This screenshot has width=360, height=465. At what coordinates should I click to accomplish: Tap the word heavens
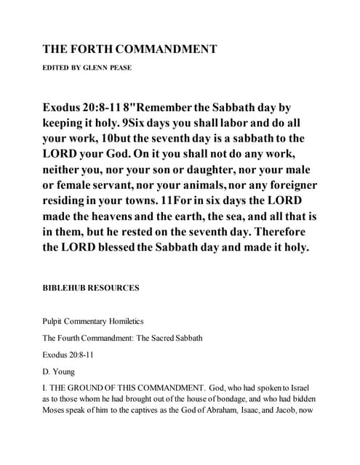[x=124, y=216]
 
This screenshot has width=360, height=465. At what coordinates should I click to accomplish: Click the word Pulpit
[x=54, y=320]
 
